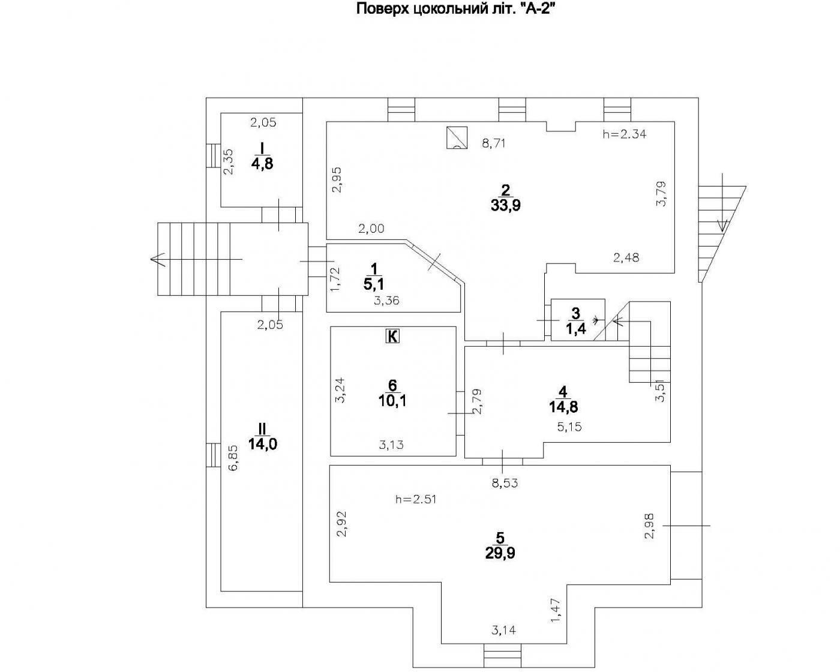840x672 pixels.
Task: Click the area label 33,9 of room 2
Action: pyautogui.click(x=505, y=206)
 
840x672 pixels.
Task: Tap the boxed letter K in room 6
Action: pyautogui.click(x=391, y=337)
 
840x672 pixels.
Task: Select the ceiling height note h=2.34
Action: pyautogui.click(x=624, y=135)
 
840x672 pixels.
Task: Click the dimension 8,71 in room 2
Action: pyautogui.click(x=496, y=143)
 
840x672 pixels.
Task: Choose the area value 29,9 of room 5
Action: pyautogui.click(x=500, y=553)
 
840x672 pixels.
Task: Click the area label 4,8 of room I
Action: pyautogui.click(x=262, y=163)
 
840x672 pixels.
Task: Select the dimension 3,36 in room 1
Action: pyautogui.click(x=386, y=301)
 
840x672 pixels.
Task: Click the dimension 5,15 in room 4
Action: pyautogui.click(x=569, y=427)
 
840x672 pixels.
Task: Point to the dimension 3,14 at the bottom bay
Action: pyautogui.click(x=503, y=631)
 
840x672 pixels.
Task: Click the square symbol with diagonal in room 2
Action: pyautogui.click(x=457, y=137)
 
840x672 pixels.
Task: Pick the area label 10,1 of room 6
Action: pyautogui.click(x=392, y=401)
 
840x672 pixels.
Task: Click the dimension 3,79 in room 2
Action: pyautogui.click(x=661, y=194)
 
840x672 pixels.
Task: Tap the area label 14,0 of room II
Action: pyautogui.click(x=262, y=444)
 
